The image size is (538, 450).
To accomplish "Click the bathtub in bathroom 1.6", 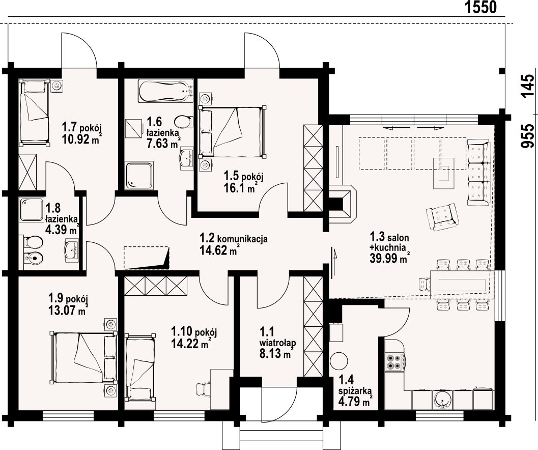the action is [166, 91].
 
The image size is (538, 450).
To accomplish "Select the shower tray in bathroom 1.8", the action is [32, 209].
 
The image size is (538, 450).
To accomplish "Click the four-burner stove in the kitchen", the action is [394, 362].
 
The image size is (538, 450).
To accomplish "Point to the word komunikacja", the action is [243, 239].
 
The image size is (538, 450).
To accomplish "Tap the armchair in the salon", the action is [442, 217].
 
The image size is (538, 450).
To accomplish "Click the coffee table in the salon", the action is [444, 173].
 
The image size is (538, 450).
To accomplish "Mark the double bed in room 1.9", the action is [83, 357].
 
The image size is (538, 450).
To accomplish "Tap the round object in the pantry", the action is [339, 361].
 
